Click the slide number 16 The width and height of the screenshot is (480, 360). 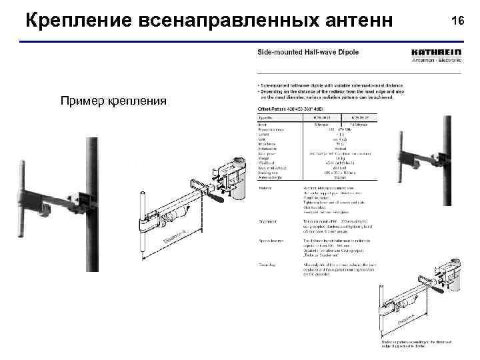[x=457, y=21]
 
